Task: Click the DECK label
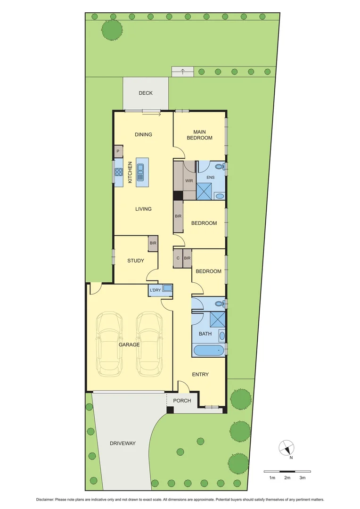[x=146, y=93]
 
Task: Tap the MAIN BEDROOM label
[x=199, y=135]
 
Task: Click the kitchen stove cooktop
[x=119, y=172]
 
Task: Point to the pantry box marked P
[x=117, y=152]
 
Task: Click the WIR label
[x=189, y=181]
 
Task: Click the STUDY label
[x=136, y=261]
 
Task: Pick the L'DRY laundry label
[x=155, y=290]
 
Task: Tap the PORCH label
[x=182, y=401]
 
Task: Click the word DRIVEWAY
[x=123, y=443]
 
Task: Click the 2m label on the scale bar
[x=287, y=478]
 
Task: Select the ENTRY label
[x=200, y=375]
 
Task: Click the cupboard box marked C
[x=178, y=258]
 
